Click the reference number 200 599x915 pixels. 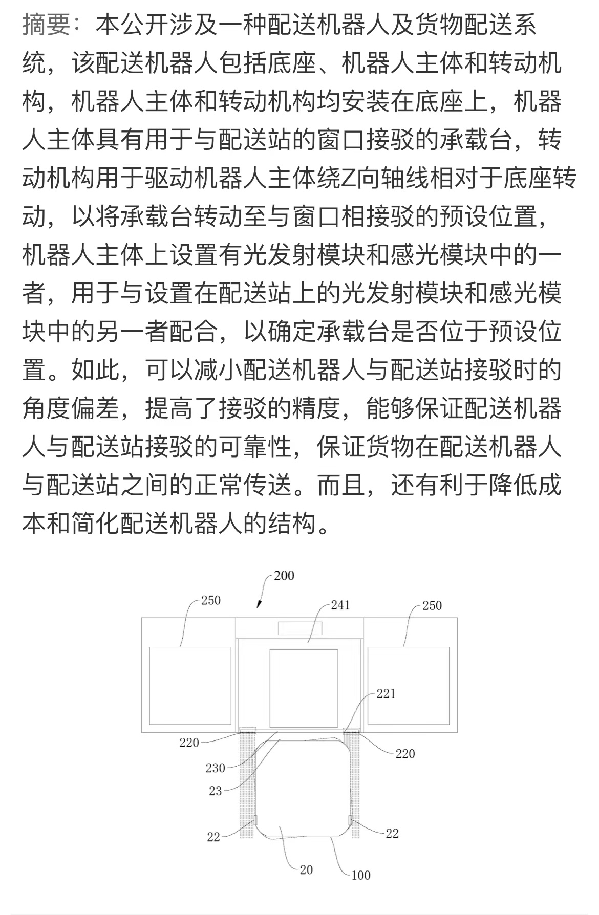(x=284, y=576)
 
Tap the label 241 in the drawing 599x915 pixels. (x=340, y=605)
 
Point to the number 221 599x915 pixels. (x=386, y=694)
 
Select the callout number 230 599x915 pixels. (x=216, y=768)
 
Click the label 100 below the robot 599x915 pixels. (x=360, y=875)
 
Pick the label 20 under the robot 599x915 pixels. (x=306, y=870)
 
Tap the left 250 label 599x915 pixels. (x=210, y=600)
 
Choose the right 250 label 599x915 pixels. (x=432, y=606)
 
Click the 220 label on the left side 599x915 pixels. (x=189, y=743)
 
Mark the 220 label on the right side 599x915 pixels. (x=405, y=754)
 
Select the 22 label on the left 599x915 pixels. (x=213, y=837)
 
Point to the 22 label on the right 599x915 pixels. (x=392, y=834)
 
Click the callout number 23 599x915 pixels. (x=216, y=791)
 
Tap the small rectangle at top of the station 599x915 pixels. (x=301, y=628)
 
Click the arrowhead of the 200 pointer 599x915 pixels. (x=259, y=605)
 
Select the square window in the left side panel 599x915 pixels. (x=190, y=686)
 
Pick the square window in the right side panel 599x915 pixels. (x=409, y=686)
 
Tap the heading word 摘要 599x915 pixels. (x=46, y=25)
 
